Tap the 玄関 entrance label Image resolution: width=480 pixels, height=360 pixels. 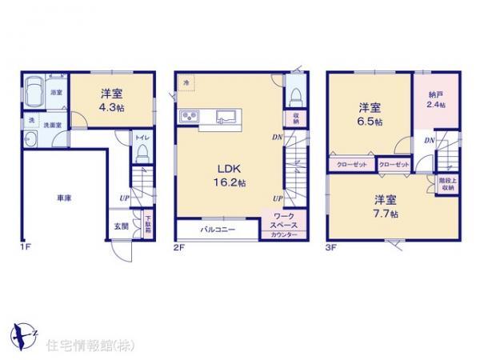(121, 226)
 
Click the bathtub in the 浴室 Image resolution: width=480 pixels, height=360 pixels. (36, 93)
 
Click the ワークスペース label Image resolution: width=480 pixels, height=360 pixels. (283, 220)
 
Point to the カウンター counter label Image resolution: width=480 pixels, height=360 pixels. (283, 234)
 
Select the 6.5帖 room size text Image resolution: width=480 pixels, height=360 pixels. (369, 114)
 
